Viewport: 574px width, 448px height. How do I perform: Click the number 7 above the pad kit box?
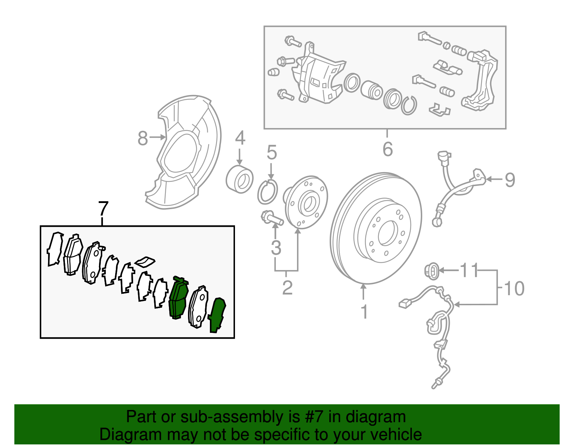(x=103, y=208)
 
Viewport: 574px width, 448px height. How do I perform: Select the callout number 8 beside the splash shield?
(x=143, y=138)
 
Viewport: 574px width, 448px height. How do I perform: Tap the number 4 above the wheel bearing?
(x=240, y=138)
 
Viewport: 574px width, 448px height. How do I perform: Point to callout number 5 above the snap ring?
(x=272, y=153)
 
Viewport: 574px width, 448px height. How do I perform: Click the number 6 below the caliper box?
(x=387, y=149)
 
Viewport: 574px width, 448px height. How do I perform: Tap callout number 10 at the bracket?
(x=514, y=288)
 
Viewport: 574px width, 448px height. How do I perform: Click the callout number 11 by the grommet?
(x=470, y=270)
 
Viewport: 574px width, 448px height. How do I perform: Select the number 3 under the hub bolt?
(x=276, y=247)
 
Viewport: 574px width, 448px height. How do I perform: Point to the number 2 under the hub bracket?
(x=287, y=288)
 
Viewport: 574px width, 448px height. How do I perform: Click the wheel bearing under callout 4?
(x=240, y=179)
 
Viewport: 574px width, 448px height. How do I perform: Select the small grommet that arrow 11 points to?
(x=432, y=271)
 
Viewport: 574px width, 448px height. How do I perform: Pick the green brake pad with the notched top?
(x=178, y=298)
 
